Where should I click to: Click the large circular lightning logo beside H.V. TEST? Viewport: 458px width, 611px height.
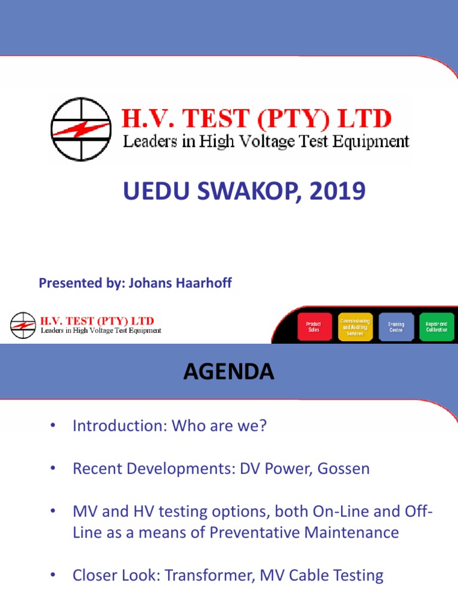click(x=81, y=129)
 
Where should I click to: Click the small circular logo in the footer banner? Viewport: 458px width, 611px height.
click(x=23, y=325)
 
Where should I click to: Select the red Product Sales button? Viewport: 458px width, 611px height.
click(x=314, y=328)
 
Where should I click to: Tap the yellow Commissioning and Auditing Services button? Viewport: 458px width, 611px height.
click(x=355, y=328)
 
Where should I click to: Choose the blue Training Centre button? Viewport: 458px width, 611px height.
click(x=396, y=328)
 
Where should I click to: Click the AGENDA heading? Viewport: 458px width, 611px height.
click(x=228, y=372)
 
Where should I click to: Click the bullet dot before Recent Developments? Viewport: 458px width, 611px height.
click(x=52, y=468)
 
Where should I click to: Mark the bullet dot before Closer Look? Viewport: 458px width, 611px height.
click(x=52, y=575)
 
